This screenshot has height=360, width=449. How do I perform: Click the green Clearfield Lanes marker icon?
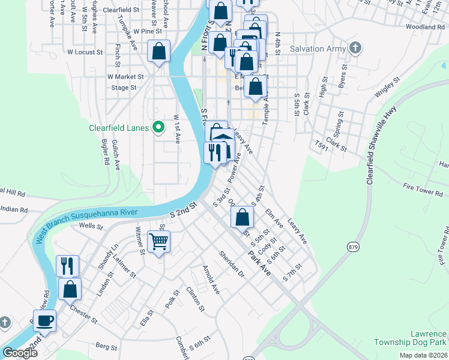[158, 127]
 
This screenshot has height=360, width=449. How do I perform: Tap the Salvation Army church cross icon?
[355, 49]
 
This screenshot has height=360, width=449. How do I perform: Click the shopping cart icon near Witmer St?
[159, 242]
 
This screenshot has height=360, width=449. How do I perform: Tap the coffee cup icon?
[45, 320]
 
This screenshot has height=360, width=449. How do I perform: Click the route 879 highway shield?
[352, 246]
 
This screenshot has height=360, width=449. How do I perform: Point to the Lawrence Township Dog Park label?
[417, 338]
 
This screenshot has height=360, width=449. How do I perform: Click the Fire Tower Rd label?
[423, 190]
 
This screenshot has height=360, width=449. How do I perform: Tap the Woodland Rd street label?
[424, 27]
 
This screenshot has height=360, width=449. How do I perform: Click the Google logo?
[20, 353]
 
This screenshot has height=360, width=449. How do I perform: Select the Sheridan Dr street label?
[232, 264]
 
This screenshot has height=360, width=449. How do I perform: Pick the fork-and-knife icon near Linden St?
[67, 265]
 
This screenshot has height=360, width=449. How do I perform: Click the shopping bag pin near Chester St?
[70, 289]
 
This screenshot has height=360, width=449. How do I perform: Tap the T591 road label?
[323, 145]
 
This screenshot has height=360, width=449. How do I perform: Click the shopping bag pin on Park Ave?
[242, 217]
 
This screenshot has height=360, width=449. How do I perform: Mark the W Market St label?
[125, 77]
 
